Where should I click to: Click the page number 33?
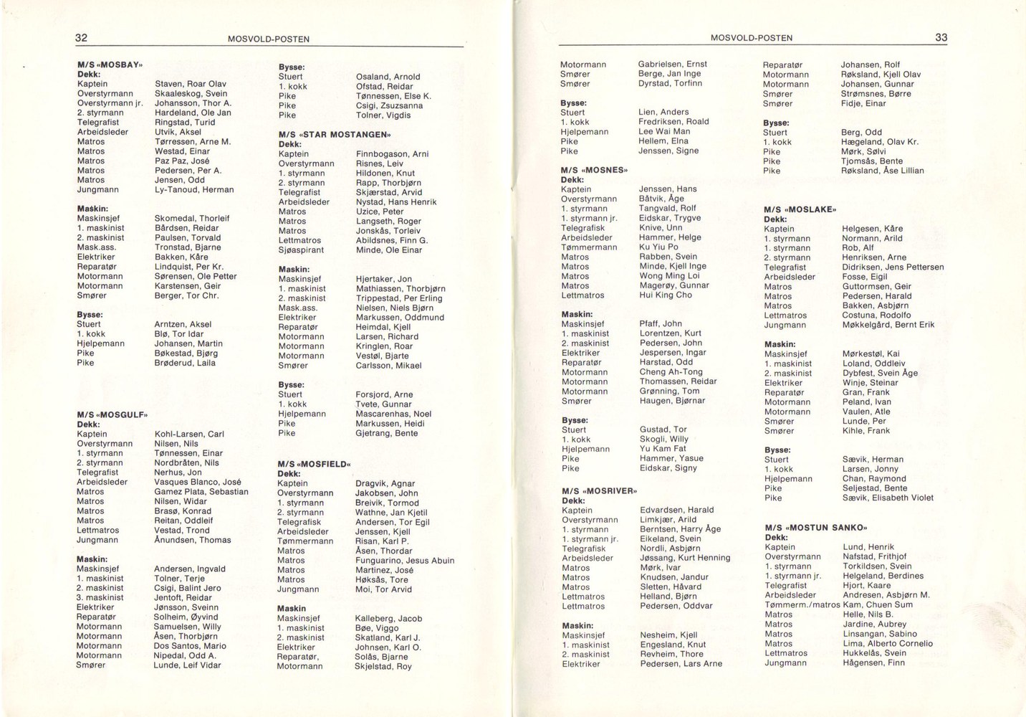[x=941, y=37]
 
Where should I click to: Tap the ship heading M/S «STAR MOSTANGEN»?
[x=328, y=134]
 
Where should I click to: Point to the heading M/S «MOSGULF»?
[x=112, y=414]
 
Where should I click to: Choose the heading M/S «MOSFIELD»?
[x=316, y=464]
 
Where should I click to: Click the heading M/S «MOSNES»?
[x=594, y=170]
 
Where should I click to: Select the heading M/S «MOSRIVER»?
[x=599, y=491]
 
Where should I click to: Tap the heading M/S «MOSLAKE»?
[x=800, y=209]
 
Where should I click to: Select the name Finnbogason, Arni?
[x=392, y=154]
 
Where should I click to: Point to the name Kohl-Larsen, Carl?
[x=189, y=434]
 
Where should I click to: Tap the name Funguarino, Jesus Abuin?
[x=405, y=561]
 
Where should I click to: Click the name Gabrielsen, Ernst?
[x=672, y=65]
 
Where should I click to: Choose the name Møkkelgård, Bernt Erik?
[x=888, y=325]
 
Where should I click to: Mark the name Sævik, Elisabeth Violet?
[x=888, y=498]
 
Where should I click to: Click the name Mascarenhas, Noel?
[x=393, y=414]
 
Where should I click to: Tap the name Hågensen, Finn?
[x=873, y=663]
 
